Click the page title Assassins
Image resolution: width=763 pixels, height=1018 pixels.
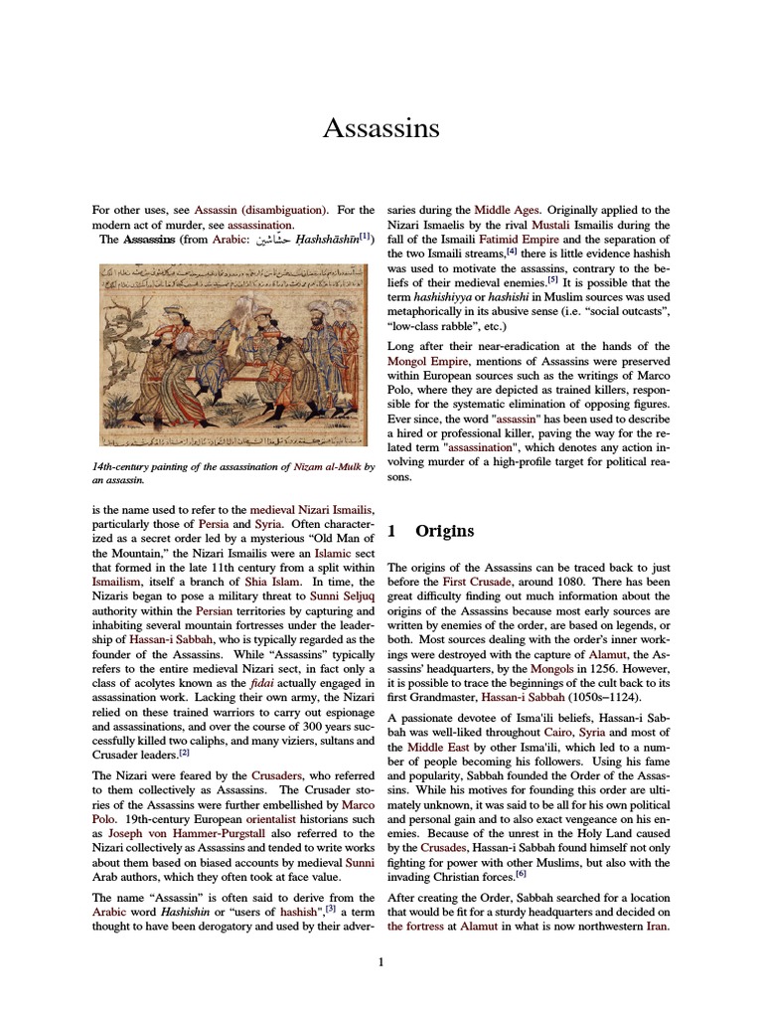[x=381, y=128]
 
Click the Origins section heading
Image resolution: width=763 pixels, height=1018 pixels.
[x=445, y=531]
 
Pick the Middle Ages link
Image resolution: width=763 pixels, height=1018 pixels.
[x=507, y=211]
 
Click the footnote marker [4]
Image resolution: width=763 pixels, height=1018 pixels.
[x=511, y=253]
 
